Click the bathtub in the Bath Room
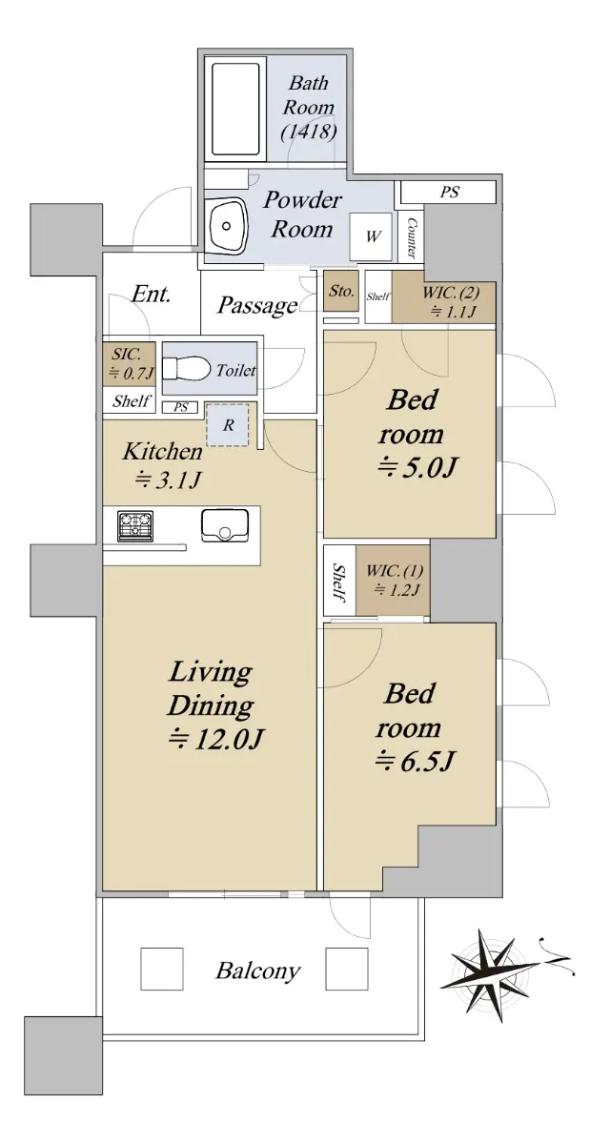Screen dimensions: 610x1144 [234, 110]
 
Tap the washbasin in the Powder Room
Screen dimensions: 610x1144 [226, 225]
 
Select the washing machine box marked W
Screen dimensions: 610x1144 [371, 236]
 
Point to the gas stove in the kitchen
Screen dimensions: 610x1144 [135, 525]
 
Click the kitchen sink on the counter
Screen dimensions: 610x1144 [225, 525]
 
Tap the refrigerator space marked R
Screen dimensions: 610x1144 [228, 425]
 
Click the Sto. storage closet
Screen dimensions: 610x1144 [341, 291]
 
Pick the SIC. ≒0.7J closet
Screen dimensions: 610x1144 [129, 363]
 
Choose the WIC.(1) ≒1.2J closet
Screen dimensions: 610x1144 [393, 581]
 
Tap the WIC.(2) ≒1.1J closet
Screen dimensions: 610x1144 [443, 302]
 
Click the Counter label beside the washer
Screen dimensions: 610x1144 [411, 237]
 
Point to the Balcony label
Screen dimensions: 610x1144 [258, 970]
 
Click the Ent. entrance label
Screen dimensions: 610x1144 [151, 294]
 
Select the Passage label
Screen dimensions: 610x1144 [256, 306]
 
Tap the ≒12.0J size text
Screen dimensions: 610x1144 [216, 738]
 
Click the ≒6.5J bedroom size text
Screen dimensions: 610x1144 [415, 762]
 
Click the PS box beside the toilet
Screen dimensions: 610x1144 [180, 408]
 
